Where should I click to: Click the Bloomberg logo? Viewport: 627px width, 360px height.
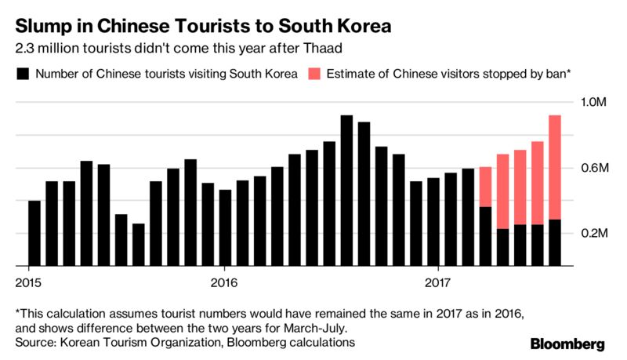coord(567,344)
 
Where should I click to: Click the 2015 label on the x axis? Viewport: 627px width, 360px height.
coord(27,281)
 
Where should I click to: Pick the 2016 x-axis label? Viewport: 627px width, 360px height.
coord(224,281)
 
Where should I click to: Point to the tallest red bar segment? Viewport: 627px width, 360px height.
coord(555,167)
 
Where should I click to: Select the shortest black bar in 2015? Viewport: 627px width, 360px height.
coord(138,245)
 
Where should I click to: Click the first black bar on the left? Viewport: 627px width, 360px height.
coord(34,233)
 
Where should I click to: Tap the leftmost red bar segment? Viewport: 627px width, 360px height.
coord(485,187)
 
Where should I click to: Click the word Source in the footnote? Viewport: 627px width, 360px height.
coord(35,343)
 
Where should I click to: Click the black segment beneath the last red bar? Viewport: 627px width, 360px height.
coord(555,242)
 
